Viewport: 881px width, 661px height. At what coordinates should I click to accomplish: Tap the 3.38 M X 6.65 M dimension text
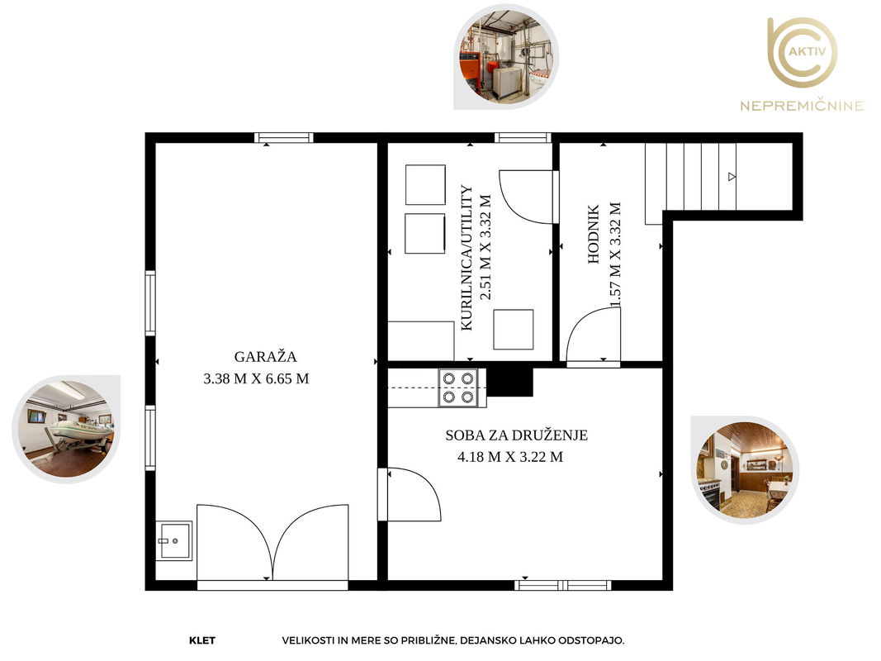256,379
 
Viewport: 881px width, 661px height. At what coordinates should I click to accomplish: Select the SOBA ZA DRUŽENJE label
516,435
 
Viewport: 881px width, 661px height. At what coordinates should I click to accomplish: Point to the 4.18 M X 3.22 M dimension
510,457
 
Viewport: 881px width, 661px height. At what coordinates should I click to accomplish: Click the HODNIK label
594,234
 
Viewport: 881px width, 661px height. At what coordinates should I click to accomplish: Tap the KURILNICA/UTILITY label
467,258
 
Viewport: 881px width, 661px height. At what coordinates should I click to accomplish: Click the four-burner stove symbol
458,388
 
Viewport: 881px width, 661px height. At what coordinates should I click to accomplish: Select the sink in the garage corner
173,540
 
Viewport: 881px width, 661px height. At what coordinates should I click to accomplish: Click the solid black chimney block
509,382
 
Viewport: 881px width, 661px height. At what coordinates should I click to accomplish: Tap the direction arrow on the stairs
732,177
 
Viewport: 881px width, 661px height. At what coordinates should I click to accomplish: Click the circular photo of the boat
66,429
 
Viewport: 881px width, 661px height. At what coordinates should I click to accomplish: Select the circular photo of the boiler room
506,57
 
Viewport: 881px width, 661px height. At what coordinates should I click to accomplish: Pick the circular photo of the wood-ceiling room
745,470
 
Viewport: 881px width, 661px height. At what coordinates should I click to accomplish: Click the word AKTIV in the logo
808,52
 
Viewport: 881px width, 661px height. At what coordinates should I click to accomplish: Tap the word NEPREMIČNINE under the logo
803,106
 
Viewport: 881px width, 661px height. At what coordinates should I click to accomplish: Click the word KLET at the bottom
202,640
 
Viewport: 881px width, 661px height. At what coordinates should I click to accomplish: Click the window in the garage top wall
284,138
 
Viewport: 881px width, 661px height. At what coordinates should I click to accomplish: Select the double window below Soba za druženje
563,585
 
